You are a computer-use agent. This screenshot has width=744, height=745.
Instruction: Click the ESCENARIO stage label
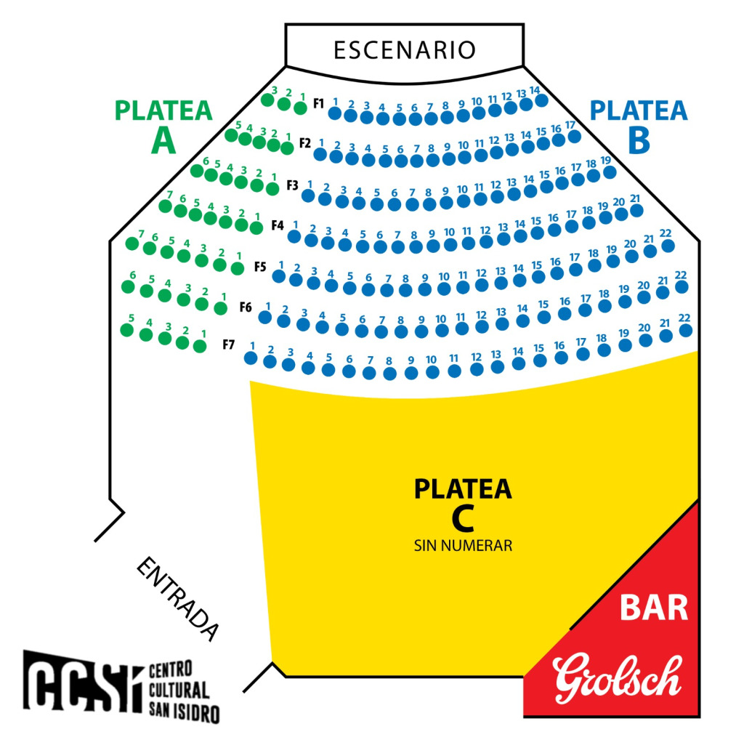[404, 50]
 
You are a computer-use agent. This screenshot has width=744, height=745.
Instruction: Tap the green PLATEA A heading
[163, 126]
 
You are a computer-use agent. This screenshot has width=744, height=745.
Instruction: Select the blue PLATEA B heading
[639, 126]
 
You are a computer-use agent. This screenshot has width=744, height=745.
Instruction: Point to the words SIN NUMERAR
[464, 545]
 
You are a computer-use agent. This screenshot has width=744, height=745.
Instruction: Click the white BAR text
[654, 608]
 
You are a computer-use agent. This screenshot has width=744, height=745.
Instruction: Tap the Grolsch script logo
[617, 678]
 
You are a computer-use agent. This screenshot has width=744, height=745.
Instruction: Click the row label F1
[318, 103]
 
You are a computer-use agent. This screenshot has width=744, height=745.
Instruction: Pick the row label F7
[229, 345]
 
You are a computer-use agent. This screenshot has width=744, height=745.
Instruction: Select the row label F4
[278, 225]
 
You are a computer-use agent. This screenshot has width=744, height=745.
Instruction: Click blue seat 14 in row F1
[541, 100]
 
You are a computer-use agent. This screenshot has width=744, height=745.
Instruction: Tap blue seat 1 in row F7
[251, 358]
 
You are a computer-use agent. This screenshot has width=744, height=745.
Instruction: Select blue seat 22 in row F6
[685, 330]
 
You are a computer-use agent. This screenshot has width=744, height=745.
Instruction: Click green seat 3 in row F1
[267, 100]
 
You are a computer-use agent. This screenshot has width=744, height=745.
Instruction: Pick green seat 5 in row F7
[127, 330]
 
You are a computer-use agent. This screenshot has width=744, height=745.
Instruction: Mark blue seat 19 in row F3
[610, 172]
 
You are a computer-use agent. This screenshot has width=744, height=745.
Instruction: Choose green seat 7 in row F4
[166, 206]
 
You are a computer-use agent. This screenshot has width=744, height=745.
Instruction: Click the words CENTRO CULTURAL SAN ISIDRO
[184, 692]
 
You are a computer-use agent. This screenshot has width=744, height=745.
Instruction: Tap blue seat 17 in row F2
[575, 137]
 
